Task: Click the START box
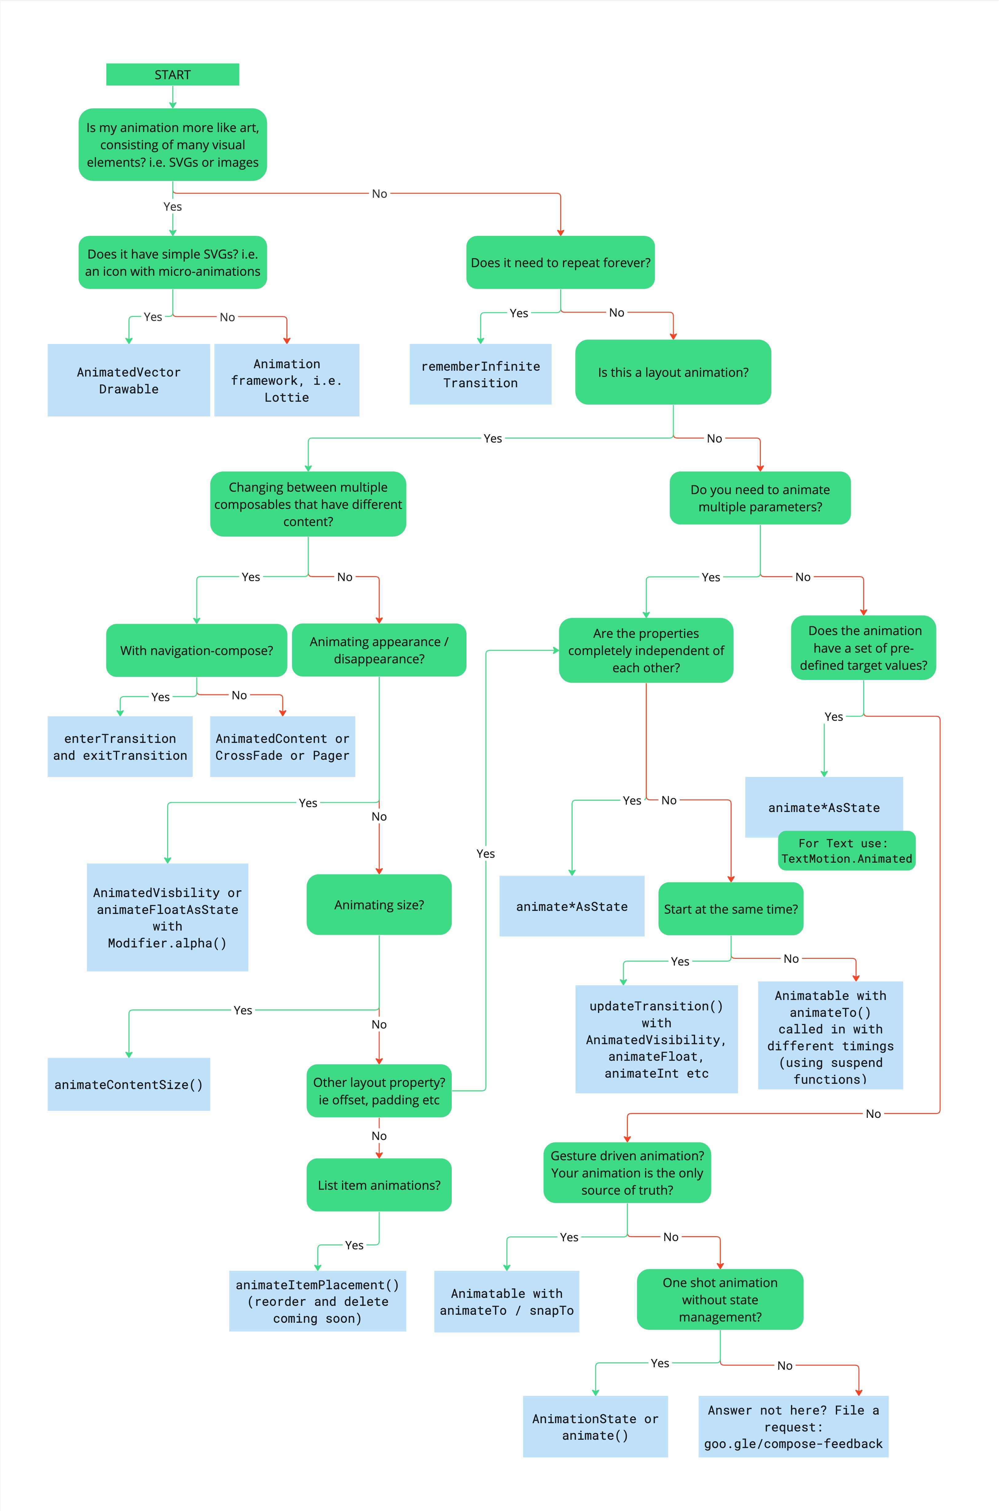click(x=172, y=75)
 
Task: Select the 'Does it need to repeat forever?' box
click(x=560, y=262)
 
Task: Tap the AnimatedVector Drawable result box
click(x=129, y=380)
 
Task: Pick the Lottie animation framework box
click(x=287, y=380)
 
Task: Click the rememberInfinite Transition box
click(x=480, y=374)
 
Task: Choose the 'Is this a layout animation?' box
click(x=673, y=373)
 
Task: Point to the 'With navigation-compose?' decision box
click(x=196, y=650)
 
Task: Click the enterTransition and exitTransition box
click(x=120, y=746)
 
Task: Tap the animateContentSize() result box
click(x=129, y=1084)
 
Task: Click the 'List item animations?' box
click(x=379, y=1185)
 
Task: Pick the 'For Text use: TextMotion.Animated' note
click(x=847, y=851)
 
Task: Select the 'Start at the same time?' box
click(x=731, y=909)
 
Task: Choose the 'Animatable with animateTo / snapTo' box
click(x=506, y=1302)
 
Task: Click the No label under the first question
click(x=379, y=193)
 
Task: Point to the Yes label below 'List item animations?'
click(x=354, y=1245)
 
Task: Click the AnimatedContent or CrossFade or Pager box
click(x=282, y=746)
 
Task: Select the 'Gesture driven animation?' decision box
click(x=627, y=1172)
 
